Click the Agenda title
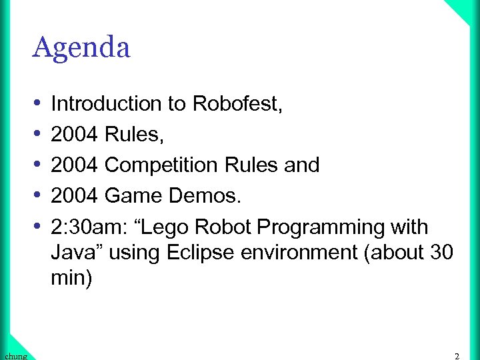[81, 48]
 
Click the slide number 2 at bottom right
[457, 356]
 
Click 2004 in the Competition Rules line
[75, 165]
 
